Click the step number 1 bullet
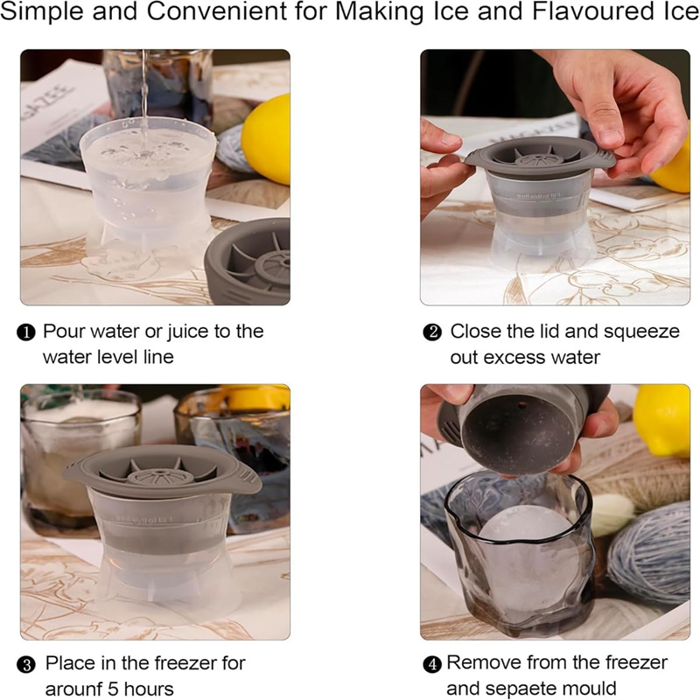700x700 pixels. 26,333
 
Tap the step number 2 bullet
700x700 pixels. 432,333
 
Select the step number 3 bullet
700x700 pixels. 26,665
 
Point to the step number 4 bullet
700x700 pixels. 431,665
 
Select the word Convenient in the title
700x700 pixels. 217,11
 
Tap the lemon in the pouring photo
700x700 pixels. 267,138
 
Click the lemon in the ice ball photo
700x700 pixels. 662,420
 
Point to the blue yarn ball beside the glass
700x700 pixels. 650,554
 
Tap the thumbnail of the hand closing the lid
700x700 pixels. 555,178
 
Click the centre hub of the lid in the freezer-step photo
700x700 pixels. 161,476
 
